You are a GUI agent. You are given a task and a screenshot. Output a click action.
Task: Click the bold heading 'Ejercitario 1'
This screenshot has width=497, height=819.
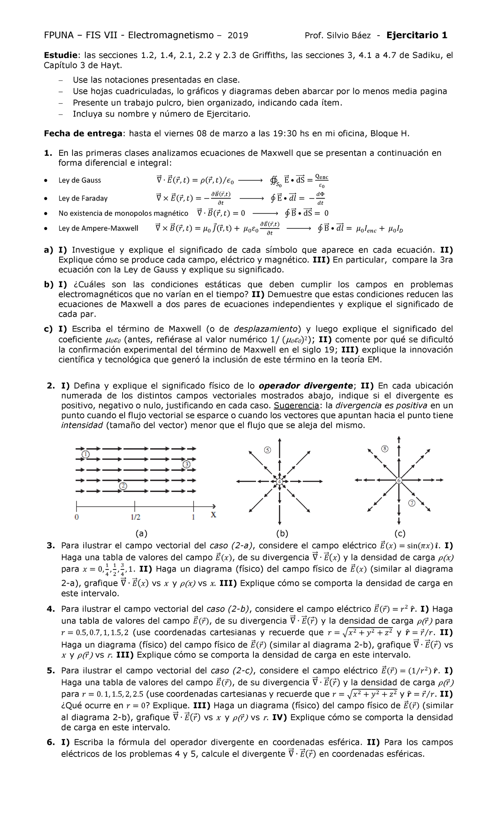click(x=417, y=35)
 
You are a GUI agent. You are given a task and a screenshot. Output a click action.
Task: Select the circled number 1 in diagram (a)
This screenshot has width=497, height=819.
click(x=85, y=454)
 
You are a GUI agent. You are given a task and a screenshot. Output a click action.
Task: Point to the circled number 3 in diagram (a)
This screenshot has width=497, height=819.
click(x=186, y=464)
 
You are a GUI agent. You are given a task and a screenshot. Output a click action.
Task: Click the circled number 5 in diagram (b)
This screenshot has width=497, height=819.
click(x=267, y=450)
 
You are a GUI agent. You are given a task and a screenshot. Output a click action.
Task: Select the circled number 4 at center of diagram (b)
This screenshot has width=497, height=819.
click(x=280, y=481)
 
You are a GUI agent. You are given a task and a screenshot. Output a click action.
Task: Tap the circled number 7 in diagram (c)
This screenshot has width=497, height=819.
click(x=412, y=503)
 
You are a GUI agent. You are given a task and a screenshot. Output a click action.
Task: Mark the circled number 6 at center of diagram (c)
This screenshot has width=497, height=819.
click(x=399, y=480)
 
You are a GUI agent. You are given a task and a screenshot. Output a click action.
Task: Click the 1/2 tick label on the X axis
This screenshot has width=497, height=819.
click(x=134, y=518)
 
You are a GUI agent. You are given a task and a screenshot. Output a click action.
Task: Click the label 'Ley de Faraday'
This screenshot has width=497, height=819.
click(x=83, y=198)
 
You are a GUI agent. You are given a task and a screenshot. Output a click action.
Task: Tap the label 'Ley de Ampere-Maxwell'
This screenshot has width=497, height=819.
click(x=98, y=228)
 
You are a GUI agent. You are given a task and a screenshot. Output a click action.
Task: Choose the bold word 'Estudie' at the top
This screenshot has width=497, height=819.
click(x=60, y=56)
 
